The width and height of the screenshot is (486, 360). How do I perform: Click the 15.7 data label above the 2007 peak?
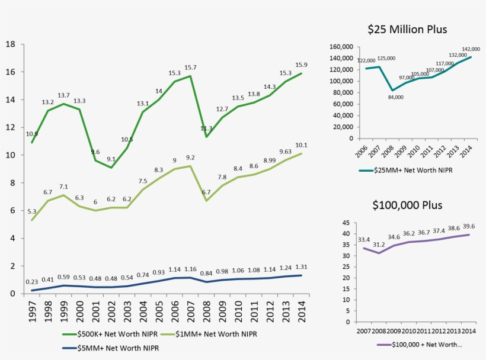point(190,67)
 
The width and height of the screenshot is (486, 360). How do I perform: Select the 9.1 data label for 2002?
point(111,159)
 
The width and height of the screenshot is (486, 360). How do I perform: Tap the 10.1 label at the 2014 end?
point(301,145)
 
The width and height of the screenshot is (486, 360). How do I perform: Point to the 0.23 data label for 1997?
point(32,282)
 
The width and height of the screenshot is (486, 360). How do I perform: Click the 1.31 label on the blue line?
point(301,267)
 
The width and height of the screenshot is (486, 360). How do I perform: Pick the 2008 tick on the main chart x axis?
point(206,311)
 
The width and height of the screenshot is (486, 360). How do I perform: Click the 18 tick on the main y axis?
point(10,44)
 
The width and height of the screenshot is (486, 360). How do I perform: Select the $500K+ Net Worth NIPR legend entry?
point(110,334)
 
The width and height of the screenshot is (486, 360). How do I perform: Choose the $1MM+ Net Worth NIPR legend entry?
point(208,334)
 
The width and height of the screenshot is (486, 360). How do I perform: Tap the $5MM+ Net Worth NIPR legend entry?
point(111,348)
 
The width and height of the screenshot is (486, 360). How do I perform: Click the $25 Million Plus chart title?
point(407,29)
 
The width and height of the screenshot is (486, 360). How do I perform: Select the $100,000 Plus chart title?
point(407,205)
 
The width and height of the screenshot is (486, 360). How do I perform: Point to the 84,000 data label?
point(396,97)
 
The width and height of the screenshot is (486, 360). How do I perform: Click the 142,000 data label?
point(471,49)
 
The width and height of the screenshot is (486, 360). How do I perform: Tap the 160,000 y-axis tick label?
point(341,47)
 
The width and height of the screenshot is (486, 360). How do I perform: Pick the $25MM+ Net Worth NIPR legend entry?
point(405,171)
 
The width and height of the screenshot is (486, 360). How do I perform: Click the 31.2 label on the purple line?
point(379,245)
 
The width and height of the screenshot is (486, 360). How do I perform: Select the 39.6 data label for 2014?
point(469,226)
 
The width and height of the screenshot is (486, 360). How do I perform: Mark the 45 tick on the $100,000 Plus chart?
point(346,223)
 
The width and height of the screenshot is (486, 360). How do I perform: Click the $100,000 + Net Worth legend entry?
point(420,345)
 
